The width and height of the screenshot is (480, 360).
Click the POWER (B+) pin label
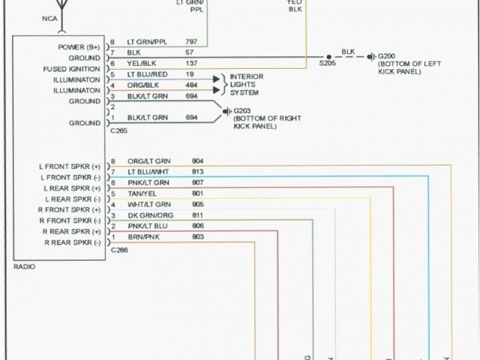(x=78, y=46)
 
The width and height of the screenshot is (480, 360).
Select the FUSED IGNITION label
(x=73, y=68)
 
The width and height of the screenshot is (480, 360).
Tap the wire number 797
(x=190, y=42)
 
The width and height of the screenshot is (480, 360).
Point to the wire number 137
(x=190, y=64)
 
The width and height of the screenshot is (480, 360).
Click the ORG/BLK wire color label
(x=142, y=86)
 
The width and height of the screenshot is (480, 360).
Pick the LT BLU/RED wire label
(x=146, y=75)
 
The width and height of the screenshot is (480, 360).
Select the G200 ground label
(x=387, y=56)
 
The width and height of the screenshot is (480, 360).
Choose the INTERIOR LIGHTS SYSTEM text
(x=245, y=85)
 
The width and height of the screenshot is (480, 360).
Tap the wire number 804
(x=198, y=161)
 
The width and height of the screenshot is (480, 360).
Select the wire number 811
(x=198, y=214)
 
